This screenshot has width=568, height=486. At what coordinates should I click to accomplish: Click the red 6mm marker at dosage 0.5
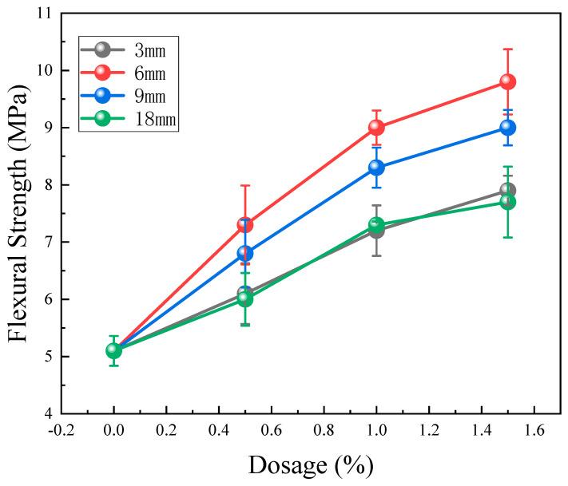pos(245,225)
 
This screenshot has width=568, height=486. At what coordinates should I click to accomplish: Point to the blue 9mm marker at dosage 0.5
pos(245,254)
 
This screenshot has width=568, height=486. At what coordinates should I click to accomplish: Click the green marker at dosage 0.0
pos(113,350)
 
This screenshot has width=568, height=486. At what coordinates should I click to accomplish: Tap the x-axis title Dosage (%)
pos(310,464)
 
